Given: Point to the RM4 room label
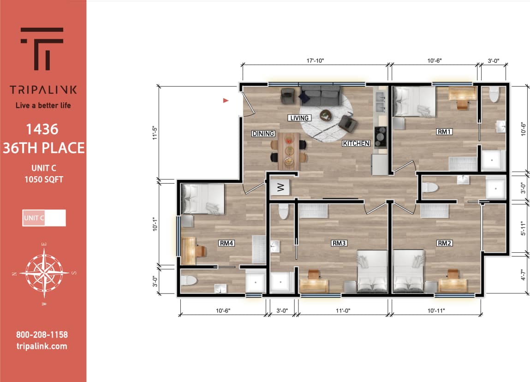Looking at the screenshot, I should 226,243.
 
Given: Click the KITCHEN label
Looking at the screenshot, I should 356,143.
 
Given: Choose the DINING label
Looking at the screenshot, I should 263,134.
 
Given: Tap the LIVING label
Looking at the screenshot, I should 299,118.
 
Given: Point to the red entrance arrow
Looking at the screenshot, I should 226,100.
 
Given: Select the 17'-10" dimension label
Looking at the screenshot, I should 315,60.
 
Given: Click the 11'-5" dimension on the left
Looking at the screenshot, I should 157,133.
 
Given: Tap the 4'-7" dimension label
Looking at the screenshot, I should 523,275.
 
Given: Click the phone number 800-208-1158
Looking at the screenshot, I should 42,335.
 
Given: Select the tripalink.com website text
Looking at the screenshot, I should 42,346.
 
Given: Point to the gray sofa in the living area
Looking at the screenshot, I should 320,95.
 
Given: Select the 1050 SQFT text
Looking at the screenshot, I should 44,179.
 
